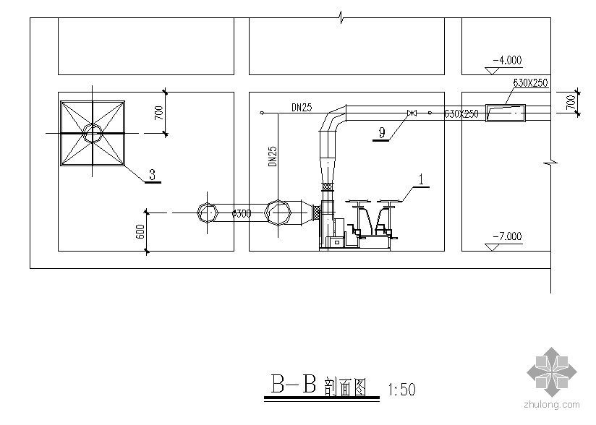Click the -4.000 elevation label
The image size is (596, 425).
tap(506, 61)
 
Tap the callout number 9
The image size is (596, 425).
tap(380, 132)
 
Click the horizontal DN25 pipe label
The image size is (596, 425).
tap(302, 108)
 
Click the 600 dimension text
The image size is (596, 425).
tap(140, 231)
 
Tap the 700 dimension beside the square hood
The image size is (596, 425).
tap(161, 113)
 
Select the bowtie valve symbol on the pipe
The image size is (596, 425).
tap(412, 113)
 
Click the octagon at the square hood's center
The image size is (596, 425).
tap(93, 132)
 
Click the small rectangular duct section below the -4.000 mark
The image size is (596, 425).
tap(506, 112)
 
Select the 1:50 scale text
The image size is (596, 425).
tap(402, 390)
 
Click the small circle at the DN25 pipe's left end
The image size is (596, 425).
tap(260, 113)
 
